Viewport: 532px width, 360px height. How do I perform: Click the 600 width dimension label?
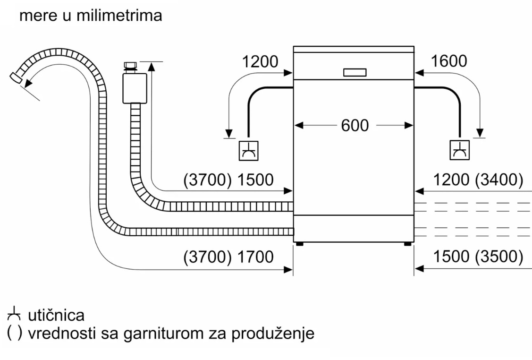355,125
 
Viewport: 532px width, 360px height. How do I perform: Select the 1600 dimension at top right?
448,61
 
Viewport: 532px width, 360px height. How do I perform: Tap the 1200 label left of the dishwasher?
260,61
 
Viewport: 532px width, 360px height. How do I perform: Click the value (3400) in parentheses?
499,180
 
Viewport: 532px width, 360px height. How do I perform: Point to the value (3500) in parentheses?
499,257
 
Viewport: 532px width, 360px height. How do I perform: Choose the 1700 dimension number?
255,257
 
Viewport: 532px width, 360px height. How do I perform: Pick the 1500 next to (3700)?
255,180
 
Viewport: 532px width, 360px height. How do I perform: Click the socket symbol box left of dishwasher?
249,151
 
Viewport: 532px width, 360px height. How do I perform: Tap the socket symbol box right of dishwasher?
460,150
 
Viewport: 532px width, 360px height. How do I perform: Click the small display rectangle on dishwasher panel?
355,72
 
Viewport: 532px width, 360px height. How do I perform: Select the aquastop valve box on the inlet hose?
135,88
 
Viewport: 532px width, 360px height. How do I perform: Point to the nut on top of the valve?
130,66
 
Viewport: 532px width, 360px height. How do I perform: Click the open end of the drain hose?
16,78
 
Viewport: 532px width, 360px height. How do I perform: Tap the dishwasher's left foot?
300,244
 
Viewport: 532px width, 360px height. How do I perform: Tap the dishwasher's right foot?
408,244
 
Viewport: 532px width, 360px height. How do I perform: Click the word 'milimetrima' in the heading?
119,16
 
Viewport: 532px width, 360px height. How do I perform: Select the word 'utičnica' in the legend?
56,316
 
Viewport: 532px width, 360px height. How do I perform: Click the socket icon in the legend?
14,314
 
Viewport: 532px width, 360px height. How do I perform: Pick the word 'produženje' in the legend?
273,334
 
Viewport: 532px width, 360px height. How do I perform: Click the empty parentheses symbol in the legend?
15,333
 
